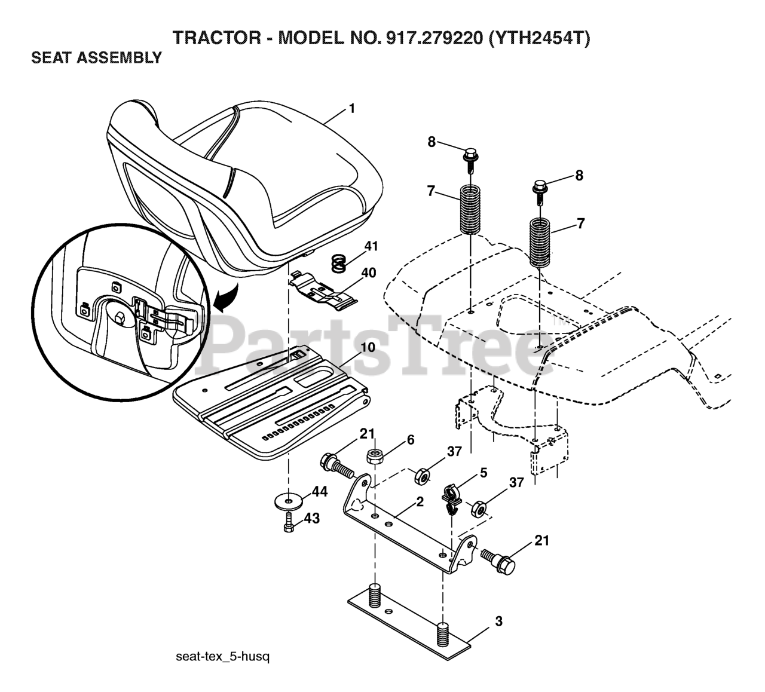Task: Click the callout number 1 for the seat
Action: tap(352, 108)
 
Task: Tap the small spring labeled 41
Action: tap(339, 263)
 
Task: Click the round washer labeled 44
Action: tap(290, 498)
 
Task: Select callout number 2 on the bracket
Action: tap(420, 503)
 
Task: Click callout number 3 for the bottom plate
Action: tap(498, 621)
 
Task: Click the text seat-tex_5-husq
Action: tap(223, 657)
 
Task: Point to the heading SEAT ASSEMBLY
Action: tap(96, 58)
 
